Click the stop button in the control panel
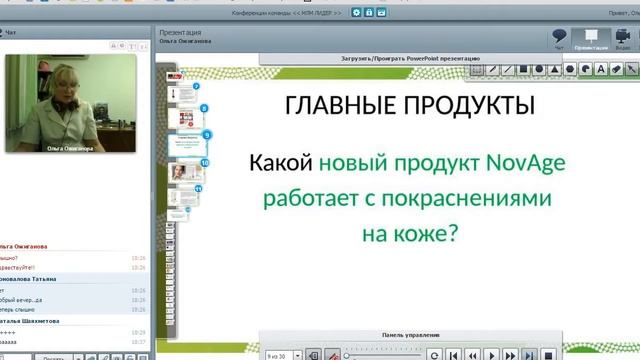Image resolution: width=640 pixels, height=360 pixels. [x=472, y=354]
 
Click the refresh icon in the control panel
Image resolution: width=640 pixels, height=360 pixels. [x=434, y=354]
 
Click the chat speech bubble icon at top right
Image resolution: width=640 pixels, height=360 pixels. [x=561, y=36]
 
